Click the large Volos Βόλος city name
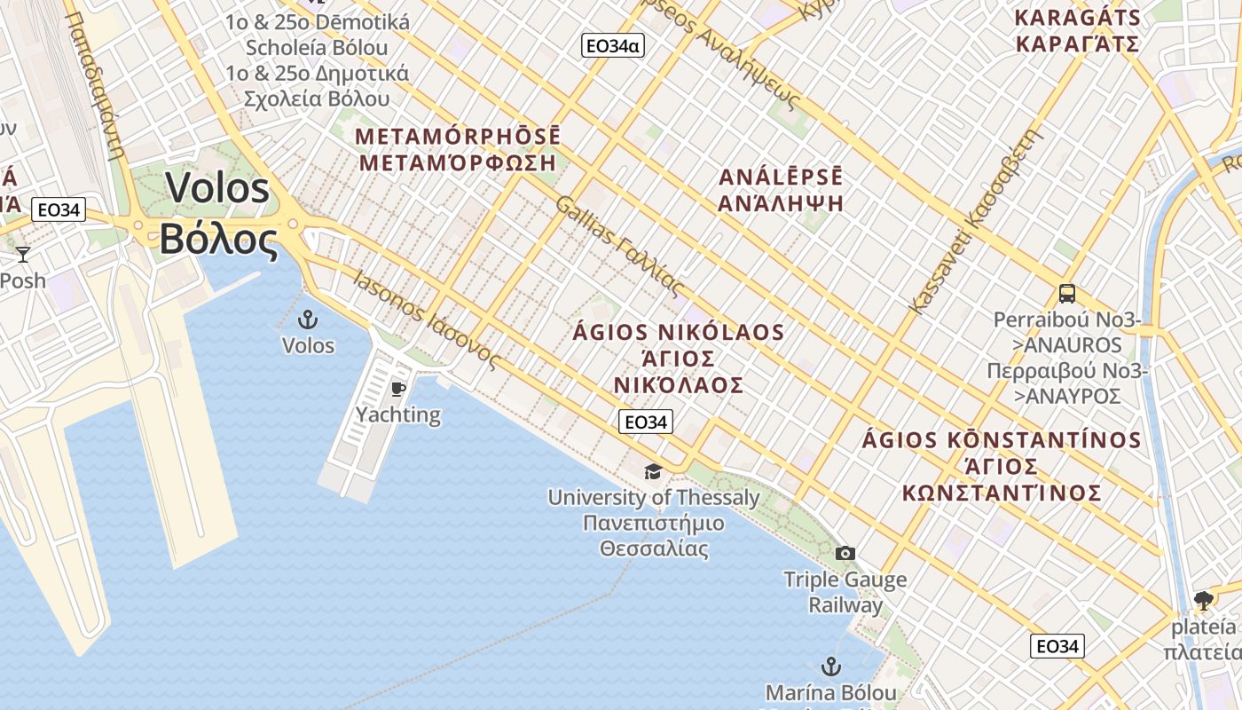tap(217, 214)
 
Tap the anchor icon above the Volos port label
tap(308, 319)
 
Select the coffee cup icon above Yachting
tap(398, 389)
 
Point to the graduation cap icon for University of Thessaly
tap(654, 471)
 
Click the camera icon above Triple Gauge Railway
tap(845, 554)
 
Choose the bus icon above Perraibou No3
tap(1067, 293)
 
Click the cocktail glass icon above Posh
tap(23, 255)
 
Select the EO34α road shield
tap(612, 45)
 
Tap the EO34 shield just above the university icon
tap(646, 422)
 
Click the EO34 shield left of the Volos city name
tap(59, 210)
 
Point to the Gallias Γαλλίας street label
tap(621, 247)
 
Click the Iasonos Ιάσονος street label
tap(426, 319)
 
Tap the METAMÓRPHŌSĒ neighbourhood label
tap(458, 149)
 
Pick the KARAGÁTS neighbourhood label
tap(1077, 30)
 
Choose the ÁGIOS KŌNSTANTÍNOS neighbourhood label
tap(1002, 466)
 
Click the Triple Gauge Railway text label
tap(845, 593)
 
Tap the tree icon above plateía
tap(1204, 601)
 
